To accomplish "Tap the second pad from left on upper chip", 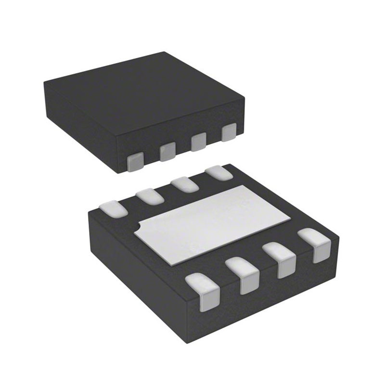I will point(167,151).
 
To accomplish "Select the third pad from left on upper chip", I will point(198,141).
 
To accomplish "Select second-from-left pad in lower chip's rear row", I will point(148,195).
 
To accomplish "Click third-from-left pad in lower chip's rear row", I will point(183,183).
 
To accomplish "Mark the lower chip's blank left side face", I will point(135,269).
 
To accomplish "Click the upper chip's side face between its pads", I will point(183,149).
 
